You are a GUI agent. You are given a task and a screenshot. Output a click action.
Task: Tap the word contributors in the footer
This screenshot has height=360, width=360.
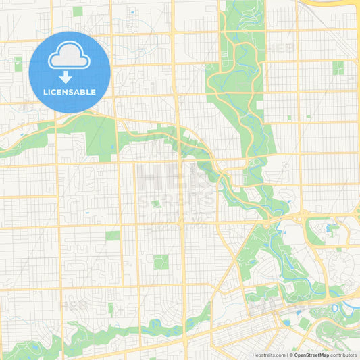pos(344,355)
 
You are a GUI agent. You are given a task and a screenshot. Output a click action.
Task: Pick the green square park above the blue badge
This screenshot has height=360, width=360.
pos(78,11)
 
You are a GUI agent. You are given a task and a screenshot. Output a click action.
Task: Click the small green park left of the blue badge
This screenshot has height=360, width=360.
pos(18,64)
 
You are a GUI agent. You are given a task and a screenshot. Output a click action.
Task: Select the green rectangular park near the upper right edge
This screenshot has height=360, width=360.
pos(338,68)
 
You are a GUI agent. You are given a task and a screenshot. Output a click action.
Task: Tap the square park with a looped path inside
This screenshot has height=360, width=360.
pos(161,261)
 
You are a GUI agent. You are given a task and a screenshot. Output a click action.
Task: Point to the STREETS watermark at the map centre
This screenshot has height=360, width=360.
pos(177,200)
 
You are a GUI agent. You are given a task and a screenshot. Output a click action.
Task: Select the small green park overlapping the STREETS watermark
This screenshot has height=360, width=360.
pos(156,203)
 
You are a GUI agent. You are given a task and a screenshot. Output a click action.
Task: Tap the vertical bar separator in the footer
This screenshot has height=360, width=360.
pos(287,355)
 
